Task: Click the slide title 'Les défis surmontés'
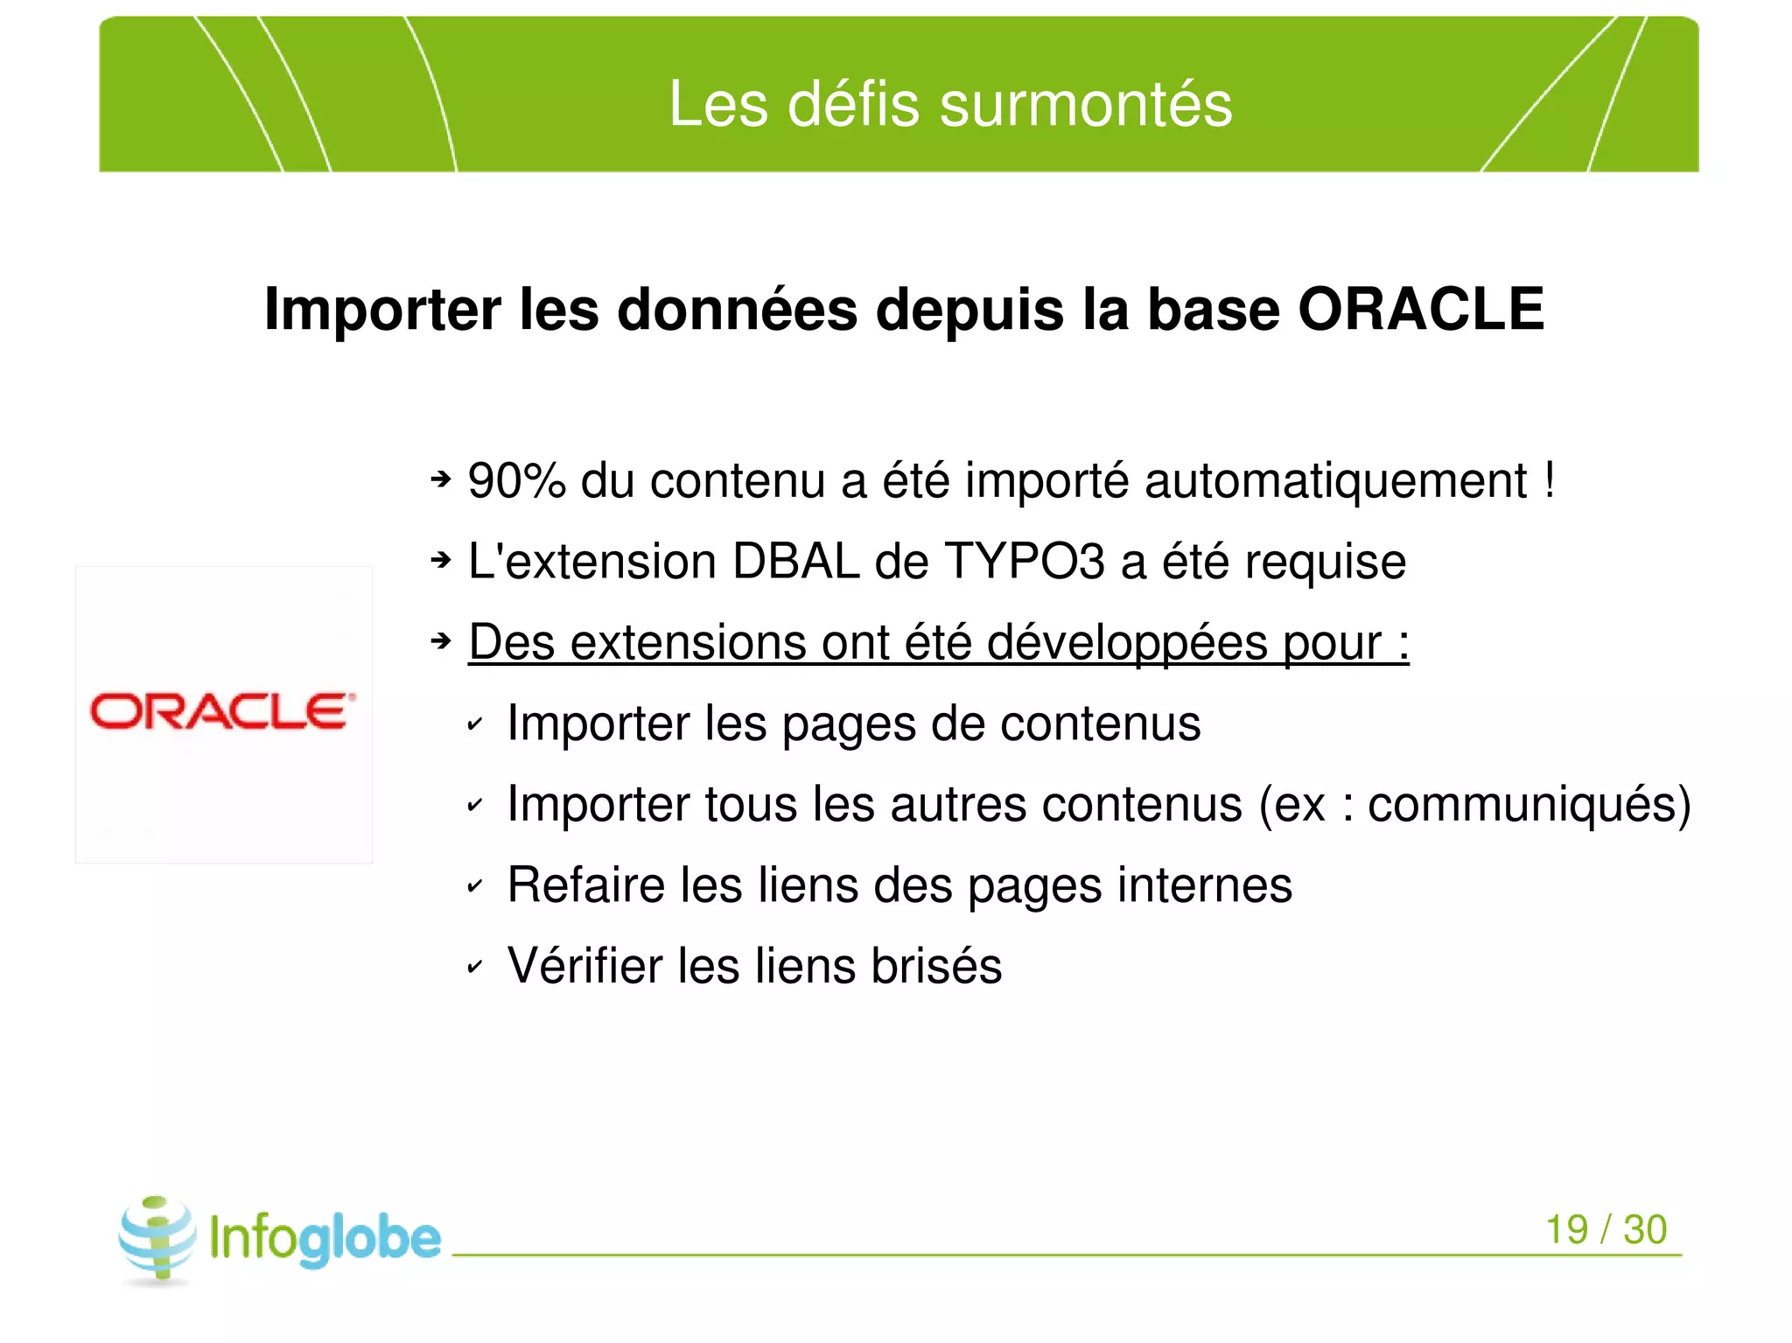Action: click(950, 104)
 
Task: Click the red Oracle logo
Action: click(223, 711)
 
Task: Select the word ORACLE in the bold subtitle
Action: click(1421, 309)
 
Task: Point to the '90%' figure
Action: click(516, 480)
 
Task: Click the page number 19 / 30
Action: click(1606, 1229)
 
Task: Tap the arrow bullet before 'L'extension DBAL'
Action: click(441, 560)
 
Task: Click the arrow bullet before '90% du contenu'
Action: click(441, 479)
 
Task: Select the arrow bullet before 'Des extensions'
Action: click(441, 641)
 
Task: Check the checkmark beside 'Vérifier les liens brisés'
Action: click(475, 967)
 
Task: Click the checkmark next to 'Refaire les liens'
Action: click(475, 886)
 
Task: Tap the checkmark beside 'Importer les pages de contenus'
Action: click(475, 724)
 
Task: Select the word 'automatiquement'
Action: click(1335, 480)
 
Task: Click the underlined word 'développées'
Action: click(1127, 643)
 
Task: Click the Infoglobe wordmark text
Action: click(325, 1238)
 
